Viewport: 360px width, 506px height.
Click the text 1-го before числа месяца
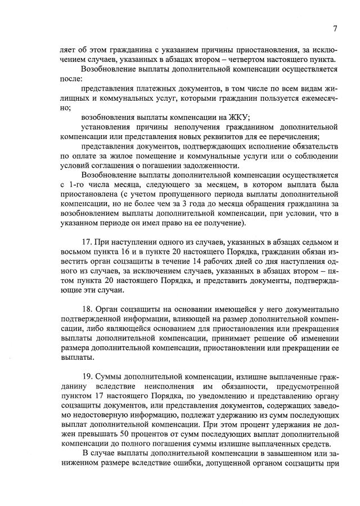pos(70,185)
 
